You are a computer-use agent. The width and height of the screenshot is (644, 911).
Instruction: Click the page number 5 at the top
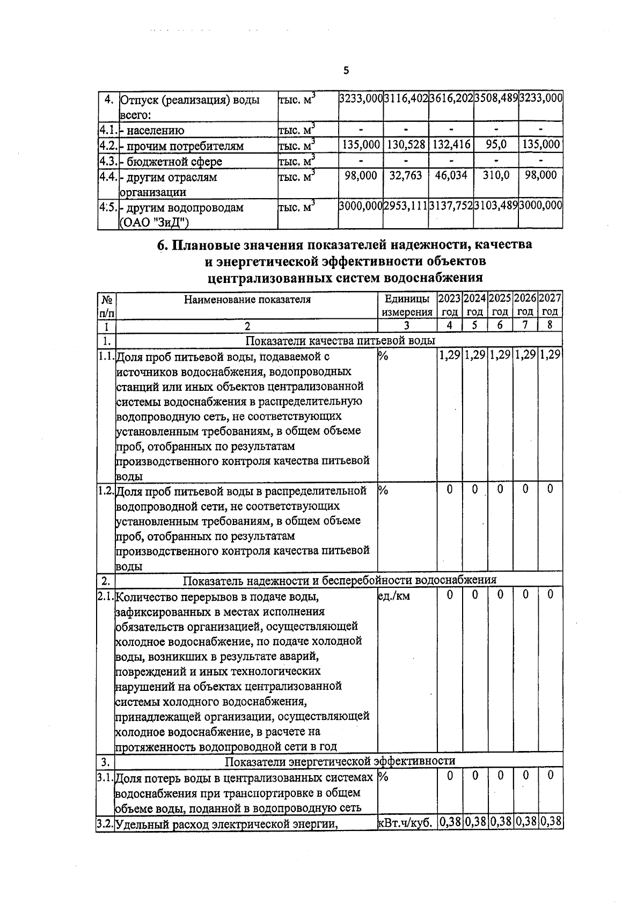346,70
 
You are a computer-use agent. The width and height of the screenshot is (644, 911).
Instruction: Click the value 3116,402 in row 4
406,99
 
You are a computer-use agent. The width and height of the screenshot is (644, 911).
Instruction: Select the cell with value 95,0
496,145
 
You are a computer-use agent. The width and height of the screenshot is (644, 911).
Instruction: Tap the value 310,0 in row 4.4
496,176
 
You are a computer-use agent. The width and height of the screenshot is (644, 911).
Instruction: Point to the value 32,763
406,176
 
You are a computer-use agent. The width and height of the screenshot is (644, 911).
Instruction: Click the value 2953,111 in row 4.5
406,207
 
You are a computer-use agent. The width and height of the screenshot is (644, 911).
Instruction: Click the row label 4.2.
107,145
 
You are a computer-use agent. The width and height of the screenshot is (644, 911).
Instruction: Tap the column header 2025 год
500,305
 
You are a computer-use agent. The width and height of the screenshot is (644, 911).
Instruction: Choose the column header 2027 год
550,305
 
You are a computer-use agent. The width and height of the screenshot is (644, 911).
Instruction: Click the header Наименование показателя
247,300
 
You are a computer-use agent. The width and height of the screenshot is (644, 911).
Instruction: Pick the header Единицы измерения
407,305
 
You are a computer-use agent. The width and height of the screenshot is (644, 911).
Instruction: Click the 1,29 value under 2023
450,355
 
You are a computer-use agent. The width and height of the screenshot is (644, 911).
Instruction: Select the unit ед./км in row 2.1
394,595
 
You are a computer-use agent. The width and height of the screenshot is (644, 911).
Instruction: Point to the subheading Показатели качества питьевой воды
340,341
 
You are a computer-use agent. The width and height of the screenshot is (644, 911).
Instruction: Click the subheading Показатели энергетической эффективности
340,761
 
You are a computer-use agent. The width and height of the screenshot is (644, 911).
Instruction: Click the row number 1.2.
106,490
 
